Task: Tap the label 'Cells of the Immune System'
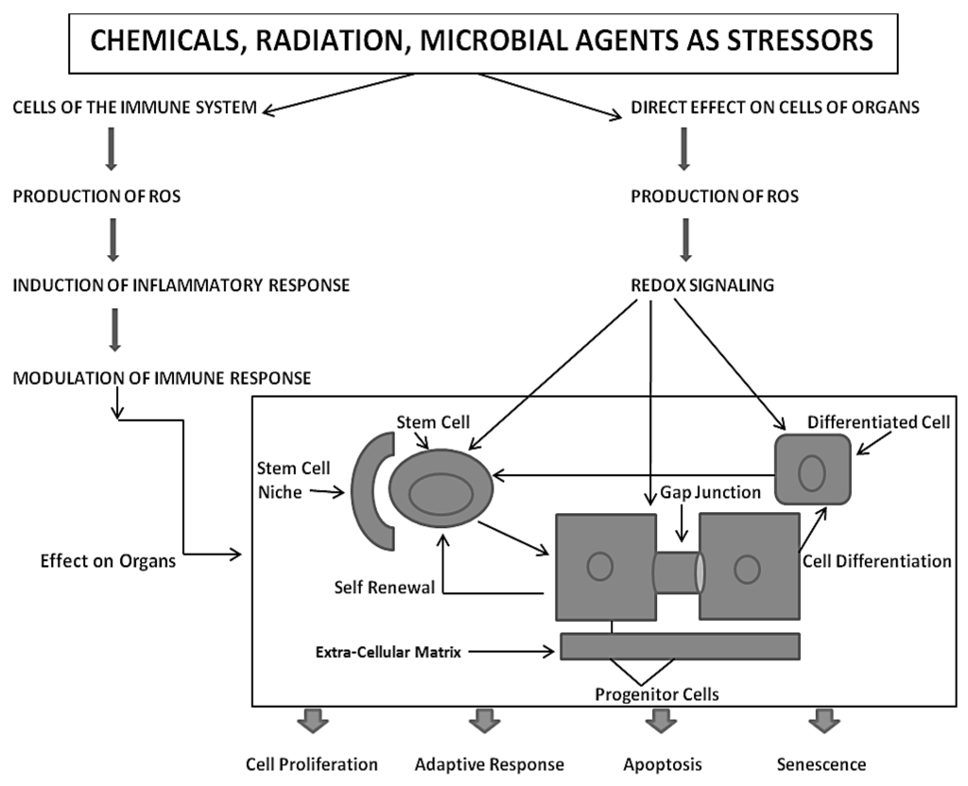pyautogui.click(x=134, y=108)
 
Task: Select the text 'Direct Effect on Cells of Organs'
pyautogui.click(x=775, y=108)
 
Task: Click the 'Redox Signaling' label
pyautogui.click(x=702, y=285)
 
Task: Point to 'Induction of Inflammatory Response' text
pyautogui.click(x=181, y=285)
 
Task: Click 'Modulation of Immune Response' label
pyautogui.click(x=162, y=378)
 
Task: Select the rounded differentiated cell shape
pyautogui.click(x=813, y=470)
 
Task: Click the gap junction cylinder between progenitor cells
pyautogui.click(x=678, y=572)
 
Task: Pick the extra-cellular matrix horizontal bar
pyautogui.click(x=681, y=646)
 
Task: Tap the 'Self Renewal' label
pyautogui.click(x=385, y=588)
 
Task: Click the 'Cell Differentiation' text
pyautogui.click(x=876, y=561)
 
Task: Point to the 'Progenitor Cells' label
pyautogui.click(x=657, y=694)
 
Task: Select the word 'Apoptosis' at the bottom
pyautogui.click(x=663, y=765)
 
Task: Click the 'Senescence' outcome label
pyautogui.click(x=821, y=765)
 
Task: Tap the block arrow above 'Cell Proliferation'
pyautogui.click(x=312, y=721)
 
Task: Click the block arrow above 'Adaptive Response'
pyautogui.click(x=484, y=721)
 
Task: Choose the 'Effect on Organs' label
pyautogui.click(x=108, y=561)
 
